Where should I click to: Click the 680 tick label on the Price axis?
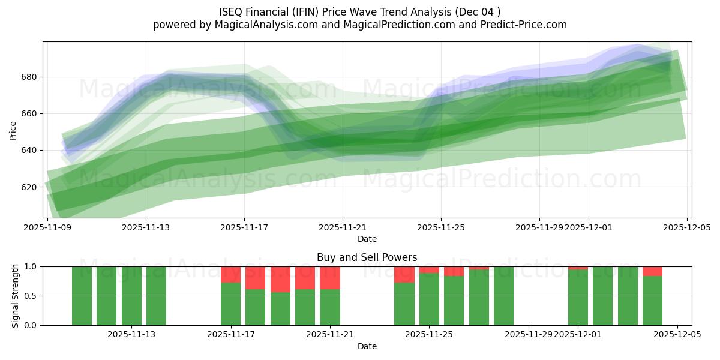[30, 77]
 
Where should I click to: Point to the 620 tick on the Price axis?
[30, 187]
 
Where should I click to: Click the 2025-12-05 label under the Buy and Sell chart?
[677, 335]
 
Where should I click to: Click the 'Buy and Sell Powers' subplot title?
[367, 257]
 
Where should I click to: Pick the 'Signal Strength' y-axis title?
[16, 296]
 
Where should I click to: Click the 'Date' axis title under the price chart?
[367, 239]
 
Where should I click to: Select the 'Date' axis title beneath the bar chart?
[367, 346]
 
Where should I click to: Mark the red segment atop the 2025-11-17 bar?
[230, 274]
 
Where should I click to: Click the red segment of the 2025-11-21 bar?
[330, 278]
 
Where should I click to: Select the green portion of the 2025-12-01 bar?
[578, 298]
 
